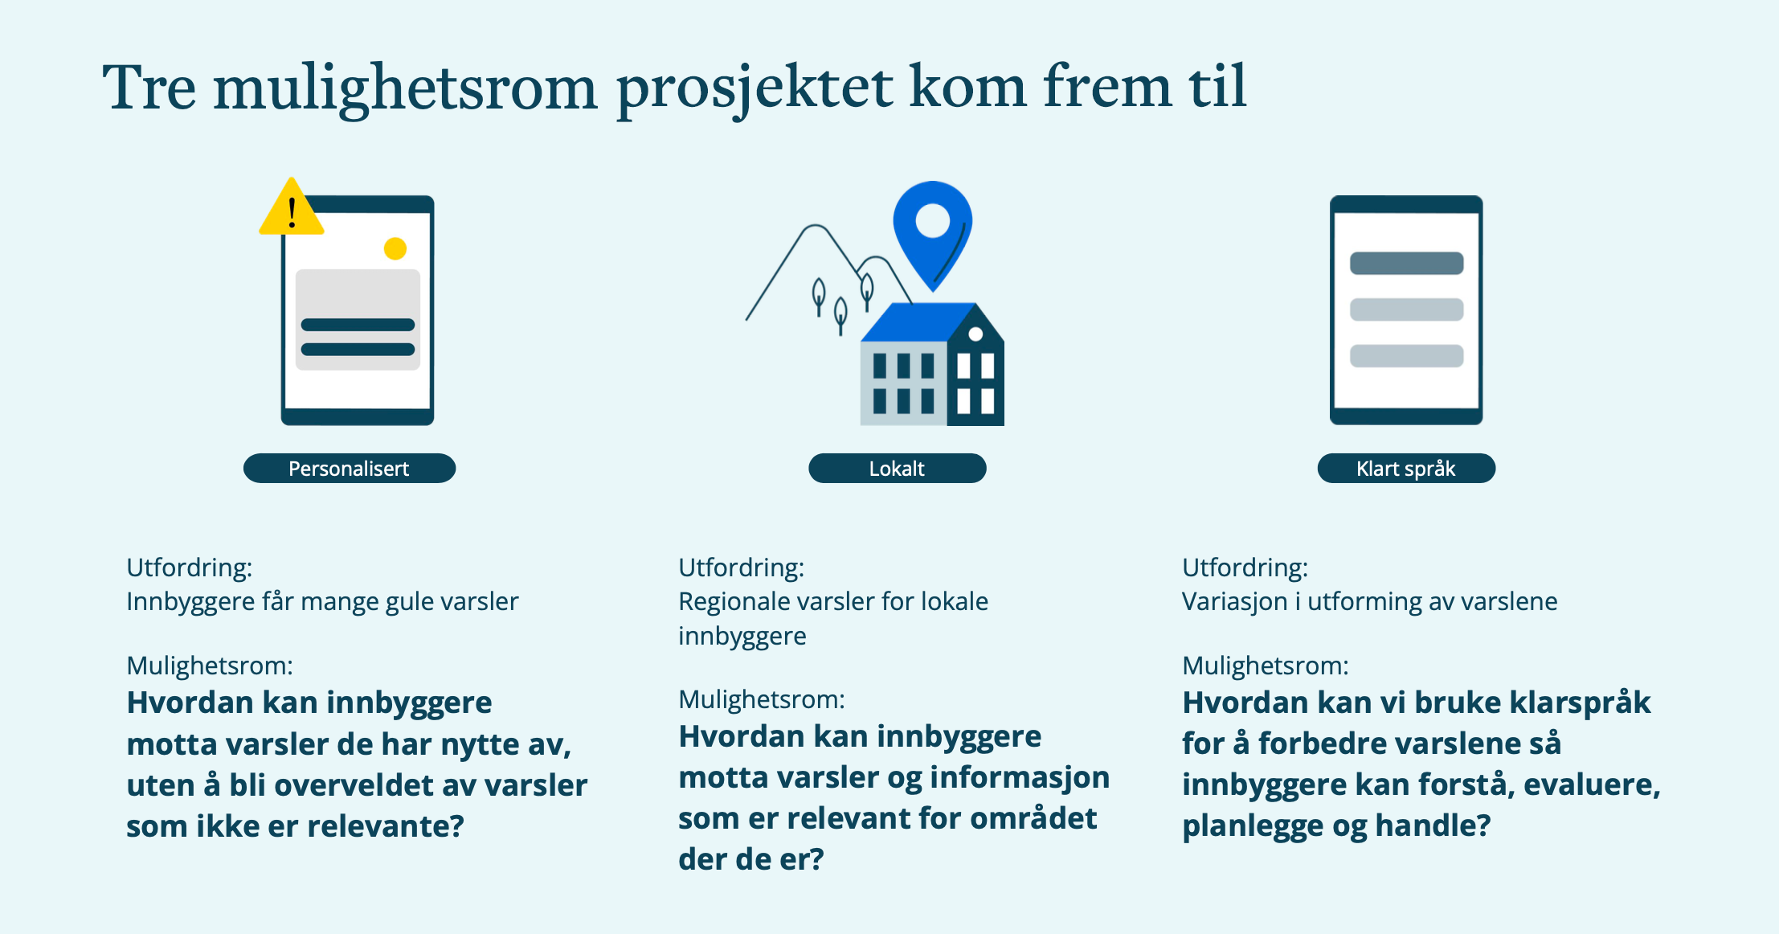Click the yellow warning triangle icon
coord(292,207)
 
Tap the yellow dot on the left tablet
coord(395,248)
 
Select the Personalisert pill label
coord(350,469)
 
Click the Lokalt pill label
coord(897,469)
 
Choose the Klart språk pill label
coord(1406,469)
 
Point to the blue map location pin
coord(932,233)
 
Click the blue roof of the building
coord(918,322)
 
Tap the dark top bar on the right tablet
coord(1406,204)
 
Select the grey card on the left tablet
coord(358,320)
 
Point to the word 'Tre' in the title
coord(149,87)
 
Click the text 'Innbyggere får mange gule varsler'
coord(322,601)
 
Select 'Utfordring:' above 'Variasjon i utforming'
coord(1245,567)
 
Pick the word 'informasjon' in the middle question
coord(1019,777)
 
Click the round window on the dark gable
coord(975,334)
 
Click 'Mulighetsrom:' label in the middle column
coord(762,699)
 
